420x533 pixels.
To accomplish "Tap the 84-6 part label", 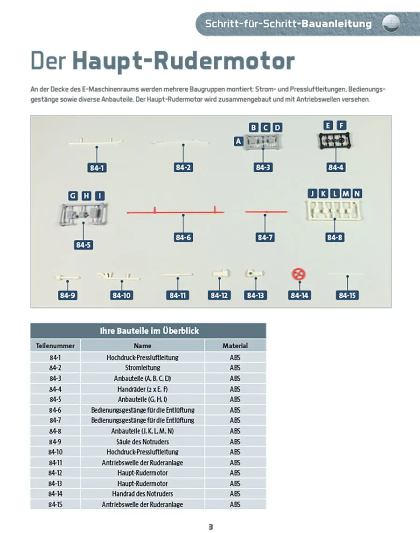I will click(183, 238).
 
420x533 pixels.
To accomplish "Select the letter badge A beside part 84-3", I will click(239, 140).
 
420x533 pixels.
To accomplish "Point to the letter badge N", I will click(357, 194).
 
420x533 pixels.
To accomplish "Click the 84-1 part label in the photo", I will click(96, 168).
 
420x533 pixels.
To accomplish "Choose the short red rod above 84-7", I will click(266, 212).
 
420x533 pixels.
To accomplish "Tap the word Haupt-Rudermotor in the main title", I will click(184, 61).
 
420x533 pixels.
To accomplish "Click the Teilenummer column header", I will click(55, 346).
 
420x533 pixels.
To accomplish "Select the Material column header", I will click(235, 346).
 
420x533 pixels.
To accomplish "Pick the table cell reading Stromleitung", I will click(142, 368).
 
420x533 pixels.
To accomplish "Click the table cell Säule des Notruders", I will click(142, 442).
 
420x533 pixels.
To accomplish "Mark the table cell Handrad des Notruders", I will click(142, 494).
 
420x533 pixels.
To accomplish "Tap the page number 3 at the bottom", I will click(210, 526).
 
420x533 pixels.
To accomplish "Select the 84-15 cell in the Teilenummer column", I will click(55, 505).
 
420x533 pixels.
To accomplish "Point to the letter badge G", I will click(73, 196).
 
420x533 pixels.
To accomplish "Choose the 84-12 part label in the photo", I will click(219, 295).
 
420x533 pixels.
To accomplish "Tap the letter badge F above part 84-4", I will click(342, 125).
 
